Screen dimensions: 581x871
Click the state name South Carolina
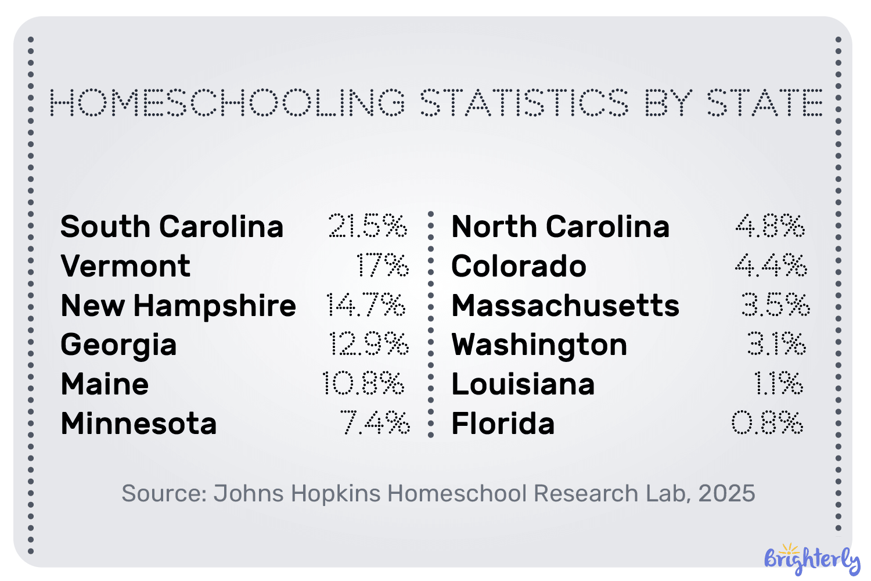click(x=172, y=227)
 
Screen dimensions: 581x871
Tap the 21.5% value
click(x=368, y=226)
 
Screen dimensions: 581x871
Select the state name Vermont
click(x=125, y=266)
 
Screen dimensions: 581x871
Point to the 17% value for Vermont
click(x=382, y=266)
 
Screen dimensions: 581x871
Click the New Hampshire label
click(x=178, y=306)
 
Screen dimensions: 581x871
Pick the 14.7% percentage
click(x=366, y=305)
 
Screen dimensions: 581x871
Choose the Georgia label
click(x=118, y=345)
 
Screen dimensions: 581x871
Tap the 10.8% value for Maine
click(x=363, y=384)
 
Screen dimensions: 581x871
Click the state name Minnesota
click(x=139, y=424)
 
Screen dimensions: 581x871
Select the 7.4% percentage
click(x=375, y=423)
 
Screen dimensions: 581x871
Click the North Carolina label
click(x=560, y=227)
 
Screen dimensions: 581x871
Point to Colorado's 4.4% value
click(x=771, y=266)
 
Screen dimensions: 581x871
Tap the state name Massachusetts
click(x=565, y=306)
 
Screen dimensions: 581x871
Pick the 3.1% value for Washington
click(x=776, y=345)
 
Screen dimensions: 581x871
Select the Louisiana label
click(x=523, y=384)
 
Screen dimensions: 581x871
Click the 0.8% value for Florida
click(x=767, y=423)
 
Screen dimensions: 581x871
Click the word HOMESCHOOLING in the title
click(x=228, y=103)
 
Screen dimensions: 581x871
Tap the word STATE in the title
click(x=765, y=103)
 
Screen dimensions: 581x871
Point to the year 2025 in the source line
click(x=726, y=493)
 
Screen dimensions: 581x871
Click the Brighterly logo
click(x=812, y=559)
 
